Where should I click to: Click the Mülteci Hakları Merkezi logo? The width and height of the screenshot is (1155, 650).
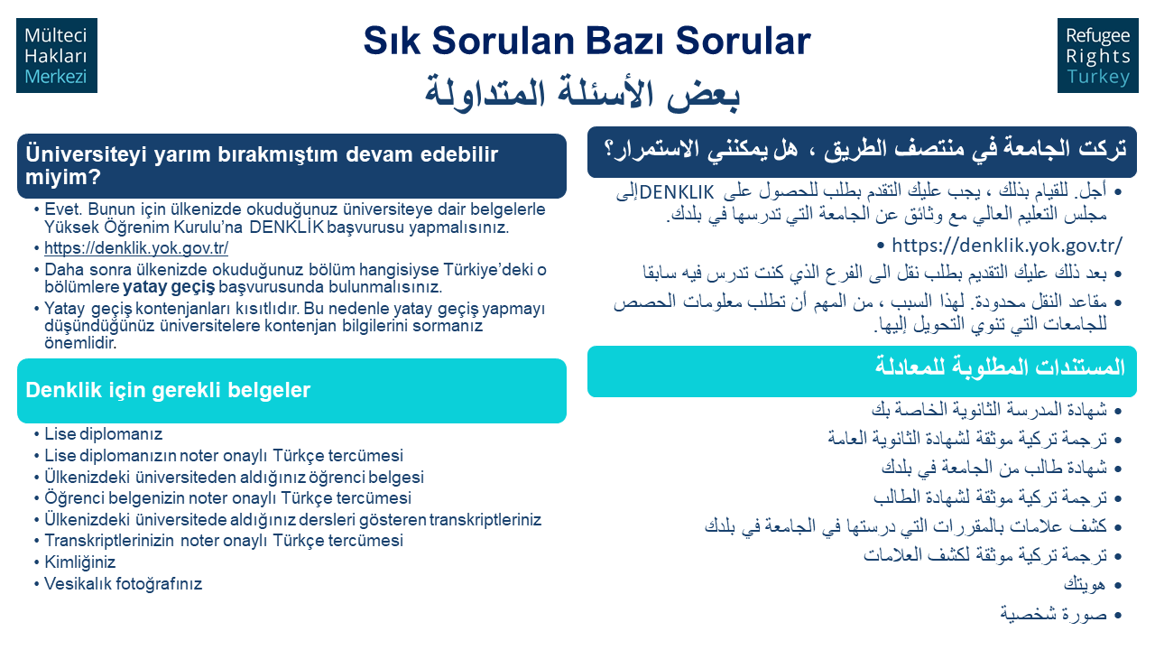57,56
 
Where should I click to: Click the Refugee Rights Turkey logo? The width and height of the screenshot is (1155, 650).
1098,56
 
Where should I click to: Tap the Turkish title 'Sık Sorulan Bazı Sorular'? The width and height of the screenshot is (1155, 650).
587,41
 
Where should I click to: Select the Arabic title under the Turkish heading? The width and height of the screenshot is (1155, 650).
582,93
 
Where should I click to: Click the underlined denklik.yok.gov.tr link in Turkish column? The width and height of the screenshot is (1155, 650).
136,248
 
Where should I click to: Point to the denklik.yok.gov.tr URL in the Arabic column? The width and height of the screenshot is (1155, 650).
1006,246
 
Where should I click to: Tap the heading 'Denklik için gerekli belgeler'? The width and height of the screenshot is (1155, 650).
168,391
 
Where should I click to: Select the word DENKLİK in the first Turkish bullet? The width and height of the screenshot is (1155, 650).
287,227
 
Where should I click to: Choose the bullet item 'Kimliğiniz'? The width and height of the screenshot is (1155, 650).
80,562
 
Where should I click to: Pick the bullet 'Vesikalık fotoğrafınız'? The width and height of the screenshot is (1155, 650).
124,583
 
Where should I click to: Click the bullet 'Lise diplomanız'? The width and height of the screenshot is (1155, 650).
103,434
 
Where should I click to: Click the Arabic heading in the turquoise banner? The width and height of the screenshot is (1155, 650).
1000,367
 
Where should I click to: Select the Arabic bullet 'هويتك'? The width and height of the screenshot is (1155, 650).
1085,585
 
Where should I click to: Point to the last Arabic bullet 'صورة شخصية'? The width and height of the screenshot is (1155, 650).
1053,614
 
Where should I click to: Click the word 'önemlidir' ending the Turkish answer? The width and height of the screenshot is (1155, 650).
80,343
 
